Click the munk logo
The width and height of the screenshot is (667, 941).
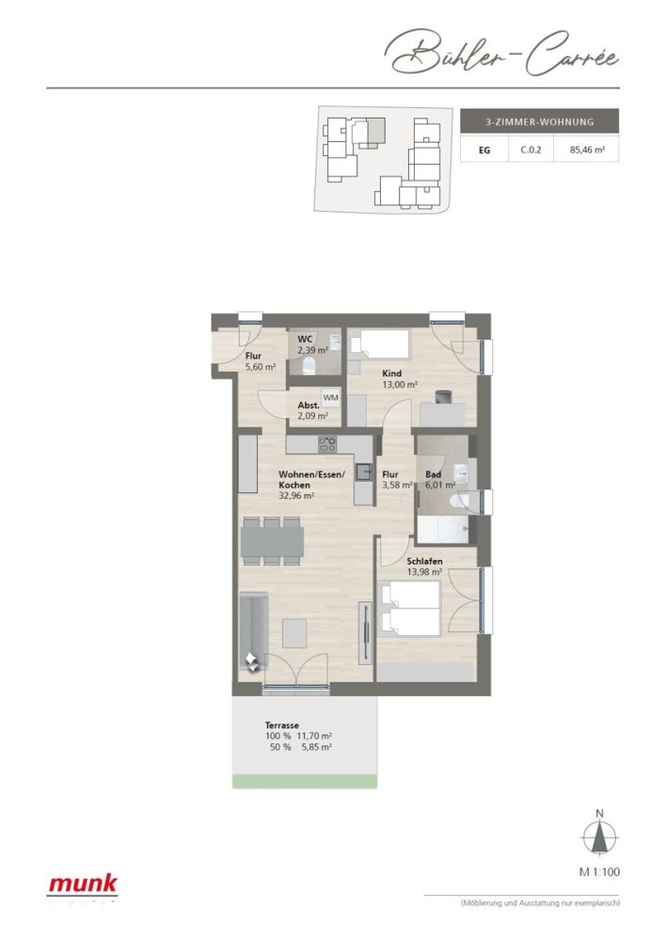coord(83,884)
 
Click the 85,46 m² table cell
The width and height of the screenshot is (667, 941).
coord(586,149)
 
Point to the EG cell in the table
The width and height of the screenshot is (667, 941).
coord(484,149)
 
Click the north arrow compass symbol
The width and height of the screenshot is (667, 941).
coord(599,836)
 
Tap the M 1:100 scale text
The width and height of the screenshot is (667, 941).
coord(599,872)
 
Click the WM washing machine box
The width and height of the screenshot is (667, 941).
coord(330,399)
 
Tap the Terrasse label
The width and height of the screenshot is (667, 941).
coord(282,726)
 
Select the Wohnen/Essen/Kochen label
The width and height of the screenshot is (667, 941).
coord(310,479)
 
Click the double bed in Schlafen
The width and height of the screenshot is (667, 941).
coord(410,609)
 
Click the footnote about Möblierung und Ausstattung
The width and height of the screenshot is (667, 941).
coord(539,903)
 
